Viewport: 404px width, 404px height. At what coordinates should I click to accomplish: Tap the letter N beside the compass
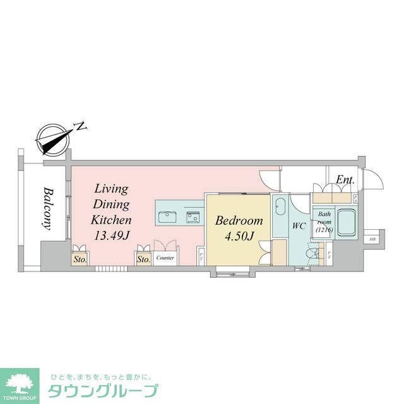point(80,126)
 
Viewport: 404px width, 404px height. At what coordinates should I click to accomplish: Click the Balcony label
point(47,209)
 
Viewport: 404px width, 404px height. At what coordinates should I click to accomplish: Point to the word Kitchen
point(112,220)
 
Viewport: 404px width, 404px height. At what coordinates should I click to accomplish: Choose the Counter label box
point(165,258)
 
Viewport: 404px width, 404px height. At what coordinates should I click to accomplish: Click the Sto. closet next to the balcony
point(80,258)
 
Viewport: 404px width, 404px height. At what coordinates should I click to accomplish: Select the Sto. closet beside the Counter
point(143,258)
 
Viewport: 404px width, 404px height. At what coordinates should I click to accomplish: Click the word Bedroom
point(239,221)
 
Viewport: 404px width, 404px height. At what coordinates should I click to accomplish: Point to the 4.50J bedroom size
point(239,237)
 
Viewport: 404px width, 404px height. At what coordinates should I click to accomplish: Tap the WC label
point(299,226)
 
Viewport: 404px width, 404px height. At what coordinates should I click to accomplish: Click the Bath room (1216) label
point(323,222)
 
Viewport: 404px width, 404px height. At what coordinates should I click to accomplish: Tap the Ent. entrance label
point(345,180)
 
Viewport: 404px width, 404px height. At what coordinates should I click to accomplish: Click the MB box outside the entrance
point(372,239)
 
